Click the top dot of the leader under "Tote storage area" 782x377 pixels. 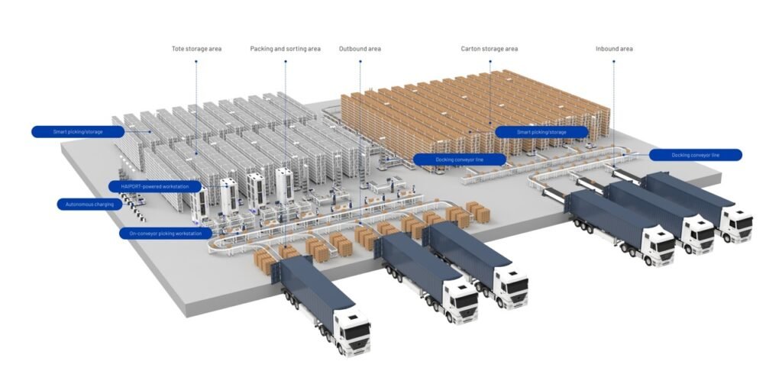(196, 61)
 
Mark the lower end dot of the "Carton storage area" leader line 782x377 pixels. (490, 123)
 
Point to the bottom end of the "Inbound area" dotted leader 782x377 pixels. (613, 166)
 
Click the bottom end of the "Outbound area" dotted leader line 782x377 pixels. (360, 220)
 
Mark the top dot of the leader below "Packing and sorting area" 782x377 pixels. (286, 61)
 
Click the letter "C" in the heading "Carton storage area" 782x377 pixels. (464, 49)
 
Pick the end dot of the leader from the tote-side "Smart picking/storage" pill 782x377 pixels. (150, 132)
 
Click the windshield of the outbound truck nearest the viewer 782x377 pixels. (357, 332)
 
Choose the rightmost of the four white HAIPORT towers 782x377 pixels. (284, 185)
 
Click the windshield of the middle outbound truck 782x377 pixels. (465, 300)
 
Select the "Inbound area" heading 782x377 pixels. (614, 49)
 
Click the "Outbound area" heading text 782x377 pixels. (360, 49)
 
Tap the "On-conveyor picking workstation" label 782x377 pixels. (166, 234)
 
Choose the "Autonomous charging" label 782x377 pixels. (89, 204)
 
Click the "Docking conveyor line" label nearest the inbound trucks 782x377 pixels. (695, 155)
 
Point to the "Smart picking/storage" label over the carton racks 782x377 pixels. (541, 132)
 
